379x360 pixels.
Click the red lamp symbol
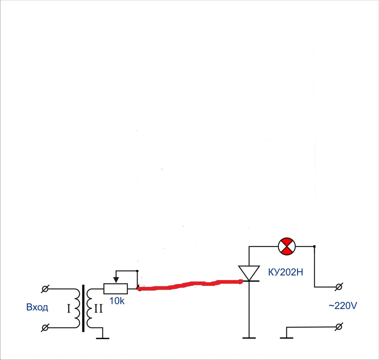click(x=287, y=246)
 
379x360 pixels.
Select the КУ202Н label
click(x=286, y=273)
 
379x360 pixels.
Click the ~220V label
click(x=343, y=306)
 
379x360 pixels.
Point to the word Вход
click(x=37, y=307)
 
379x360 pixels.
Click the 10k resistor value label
click(x=117, y=301)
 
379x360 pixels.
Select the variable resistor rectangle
click(x=115, y=289)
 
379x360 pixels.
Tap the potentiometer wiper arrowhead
click(x=116, y=280)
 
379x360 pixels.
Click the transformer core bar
click(x=83, y=308)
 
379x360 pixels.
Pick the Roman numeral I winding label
click(x=69, y=309)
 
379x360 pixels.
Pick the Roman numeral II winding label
click(x=99, y=309)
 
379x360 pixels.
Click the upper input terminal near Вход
click(x=45, y=289)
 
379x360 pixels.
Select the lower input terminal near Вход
click(x=45, y=328)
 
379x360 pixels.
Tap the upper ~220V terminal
click(x=339, y=287)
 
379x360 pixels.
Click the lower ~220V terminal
click(x=339, y=327)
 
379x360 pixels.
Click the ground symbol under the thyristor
click(x=249, y=338)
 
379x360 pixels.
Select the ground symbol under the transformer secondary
click(x=103, y=338)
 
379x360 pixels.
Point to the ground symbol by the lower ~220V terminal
click(x=287, y=338)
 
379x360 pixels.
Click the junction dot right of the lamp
click(x=314, y=246)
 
